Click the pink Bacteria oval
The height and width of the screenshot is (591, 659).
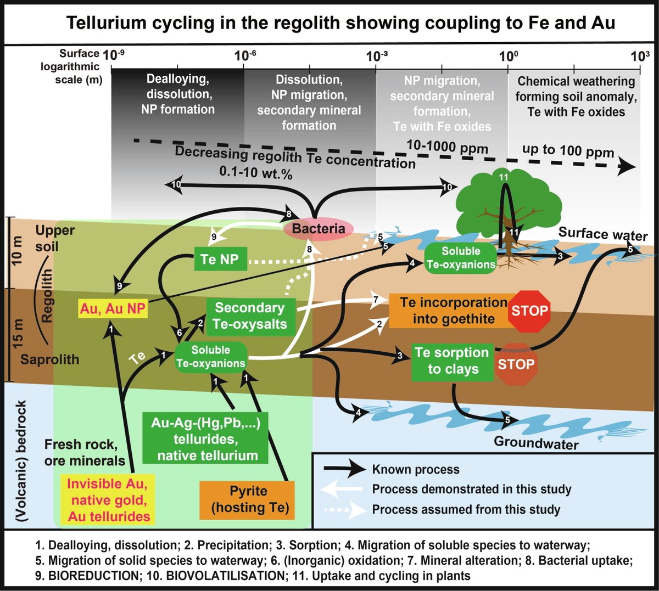[318, 229]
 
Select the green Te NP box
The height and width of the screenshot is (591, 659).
[220, 259]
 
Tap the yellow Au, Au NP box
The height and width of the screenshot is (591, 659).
[113, 309]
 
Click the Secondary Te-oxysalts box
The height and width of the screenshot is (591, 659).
[250, 316]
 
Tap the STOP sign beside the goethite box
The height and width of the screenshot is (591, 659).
[530, 311]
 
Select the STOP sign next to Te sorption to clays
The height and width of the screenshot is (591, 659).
[516, 364]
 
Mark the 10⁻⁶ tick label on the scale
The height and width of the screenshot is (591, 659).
[245, 55]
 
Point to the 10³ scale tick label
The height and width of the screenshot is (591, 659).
[640, 55]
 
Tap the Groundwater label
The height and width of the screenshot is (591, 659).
[536, 442]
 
